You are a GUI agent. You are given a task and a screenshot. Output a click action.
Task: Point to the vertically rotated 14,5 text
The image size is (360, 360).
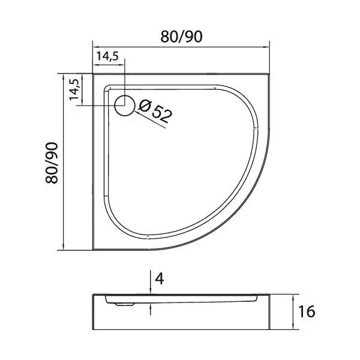(74, 90)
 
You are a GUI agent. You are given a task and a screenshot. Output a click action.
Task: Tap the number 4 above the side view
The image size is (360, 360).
(159, 278)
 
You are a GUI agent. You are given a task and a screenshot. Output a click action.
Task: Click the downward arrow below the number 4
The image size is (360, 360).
(149, 292)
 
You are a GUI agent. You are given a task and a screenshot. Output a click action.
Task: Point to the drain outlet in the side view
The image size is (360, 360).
(123, 304)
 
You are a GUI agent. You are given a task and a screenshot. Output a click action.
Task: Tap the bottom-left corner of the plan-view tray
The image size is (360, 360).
(94, 250)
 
